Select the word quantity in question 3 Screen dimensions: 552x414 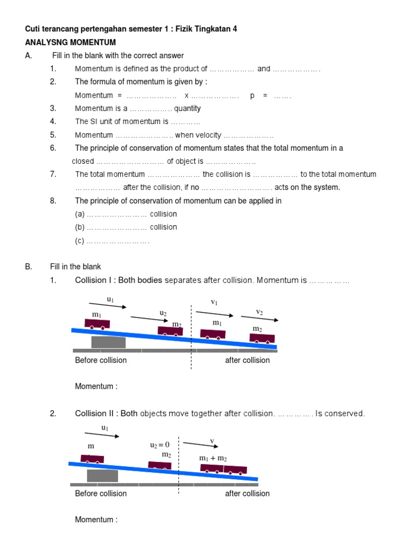point(187,108)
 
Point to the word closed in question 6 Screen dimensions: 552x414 point(83,161)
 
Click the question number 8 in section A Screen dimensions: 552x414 point(53,201)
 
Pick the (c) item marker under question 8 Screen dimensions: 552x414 point(80,241)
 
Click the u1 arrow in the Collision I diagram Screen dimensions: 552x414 point(108,306)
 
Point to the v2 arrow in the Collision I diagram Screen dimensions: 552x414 point(260,319)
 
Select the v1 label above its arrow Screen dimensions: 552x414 point(215,302)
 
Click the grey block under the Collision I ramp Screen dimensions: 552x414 point(108,342)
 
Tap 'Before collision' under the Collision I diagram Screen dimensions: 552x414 point(101,360)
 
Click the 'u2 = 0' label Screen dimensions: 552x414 point(160,445)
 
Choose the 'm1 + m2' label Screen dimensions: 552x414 point(213,458)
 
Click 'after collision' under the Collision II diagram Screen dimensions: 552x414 point(247,493)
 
